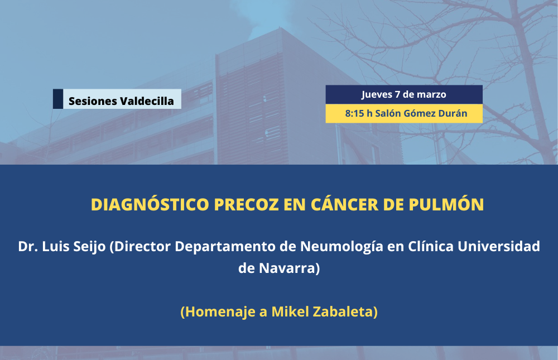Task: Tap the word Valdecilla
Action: pyautogui.click(x=147, y=101)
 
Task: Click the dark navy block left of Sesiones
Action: pyautogui.click(x=58, y=99)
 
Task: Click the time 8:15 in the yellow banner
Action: pyautogui.click(x=354, y=114)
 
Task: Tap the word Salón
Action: pyautogui.click(x=388, y=113)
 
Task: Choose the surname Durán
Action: pyautogui.click(x=453, y=113)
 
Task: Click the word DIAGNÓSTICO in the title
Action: pyautogui.click(x=150, y=204)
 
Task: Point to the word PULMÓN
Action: pyautogui.click(x=446, y=204)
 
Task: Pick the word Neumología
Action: pyautogui.click(x=341, y=247)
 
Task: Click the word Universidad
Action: pyautogui.click(x=498, y=246)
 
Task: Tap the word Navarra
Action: pyautogui.click(x=287, y=268)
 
